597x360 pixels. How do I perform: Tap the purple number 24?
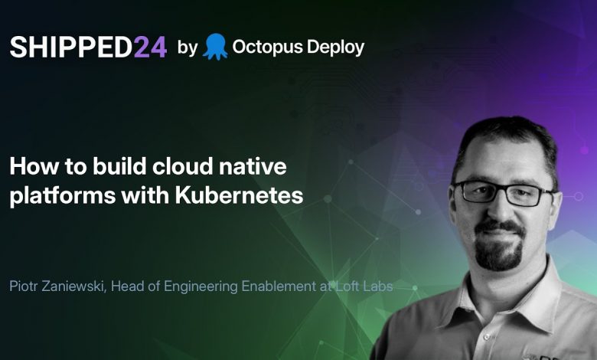click(150, 47)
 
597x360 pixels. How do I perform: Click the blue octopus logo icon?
click(215, 47)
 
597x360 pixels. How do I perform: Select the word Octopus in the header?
click(267, 47)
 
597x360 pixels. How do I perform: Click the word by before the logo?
click(188, 47)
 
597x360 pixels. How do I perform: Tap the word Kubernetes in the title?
click(239, 195)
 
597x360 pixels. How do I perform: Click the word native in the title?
click(253, 166)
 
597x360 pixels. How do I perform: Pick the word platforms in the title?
click(63, 196)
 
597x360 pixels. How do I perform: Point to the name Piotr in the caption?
click(24, 286)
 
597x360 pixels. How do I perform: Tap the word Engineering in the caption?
click(201, 287)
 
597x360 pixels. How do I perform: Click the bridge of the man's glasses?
click(502, 189)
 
